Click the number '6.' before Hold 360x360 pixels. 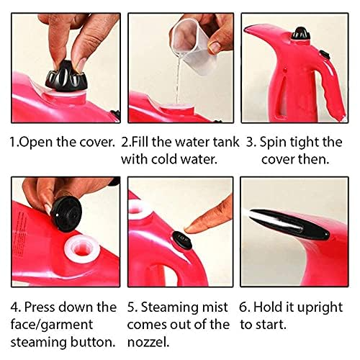pyautogui.click(x=245, y=307)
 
